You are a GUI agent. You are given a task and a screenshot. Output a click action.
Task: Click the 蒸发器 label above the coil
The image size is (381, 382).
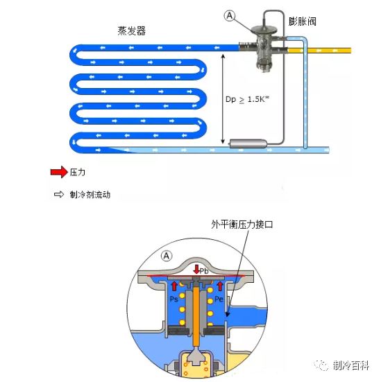coord(132,31)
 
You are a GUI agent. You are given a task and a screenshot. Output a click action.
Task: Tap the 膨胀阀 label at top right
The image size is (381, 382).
coord(303,21)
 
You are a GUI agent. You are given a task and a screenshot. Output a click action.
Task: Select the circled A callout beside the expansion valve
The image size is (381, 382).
coord(230,15)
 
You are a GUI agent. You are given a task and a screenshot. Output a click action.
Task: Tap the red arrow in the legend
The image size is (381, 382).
coord(58,171)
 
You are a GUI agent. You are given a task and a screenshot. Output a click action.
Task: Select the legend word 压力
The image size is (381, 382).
coord(78,171)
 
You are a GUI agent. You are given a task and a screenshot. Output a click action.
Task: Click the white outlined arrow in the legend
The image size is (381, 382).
coord(58,195)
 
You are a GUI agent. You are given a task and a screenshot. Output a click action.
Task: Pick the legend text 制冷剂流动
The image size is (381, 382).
coord(90,195)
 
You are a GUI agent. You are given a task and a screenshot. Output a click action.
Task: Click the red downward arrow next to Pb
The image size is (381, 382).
coord(196,269)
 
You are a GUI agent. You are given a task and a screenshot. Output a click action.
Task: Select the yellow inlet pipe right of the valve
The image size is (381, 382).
coord(326,51)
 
